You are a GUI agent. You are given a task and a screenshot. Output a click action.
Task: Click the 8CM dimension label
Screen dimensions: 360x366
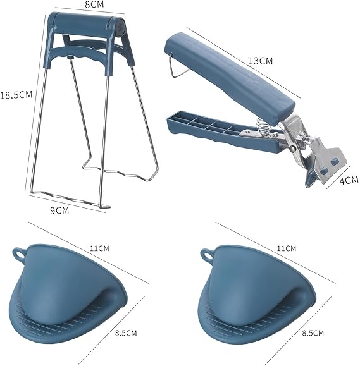(94, 4)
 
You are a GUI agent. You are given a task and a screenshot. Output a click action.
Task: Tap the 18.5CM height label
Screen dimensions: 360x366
(16, 95)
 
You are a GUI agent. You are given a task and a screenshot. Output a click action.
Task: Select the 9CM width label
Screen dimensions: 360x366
(59, 210)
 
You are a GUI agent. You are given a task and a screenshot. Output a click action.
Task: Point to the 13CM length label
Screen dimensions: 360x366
(260, 61)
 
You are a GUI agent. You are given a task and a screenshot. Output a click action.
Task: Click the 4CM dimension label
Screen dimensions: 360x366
(349, 180)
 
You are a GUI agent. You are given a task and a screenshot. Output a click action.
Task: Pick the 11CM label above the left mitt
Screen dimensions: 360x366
(99, 248)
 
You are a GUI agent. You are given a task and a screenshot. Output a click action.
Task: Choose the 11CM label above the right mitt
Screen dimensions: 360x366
(287, 248)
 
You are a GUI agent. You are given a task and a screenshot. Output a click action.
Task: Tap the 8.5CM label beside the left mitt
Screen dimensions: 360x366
(126, 333)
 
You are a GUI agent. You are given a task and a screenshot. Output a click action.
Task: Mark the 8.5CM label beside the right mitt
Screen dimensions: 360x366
(313, 333)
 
